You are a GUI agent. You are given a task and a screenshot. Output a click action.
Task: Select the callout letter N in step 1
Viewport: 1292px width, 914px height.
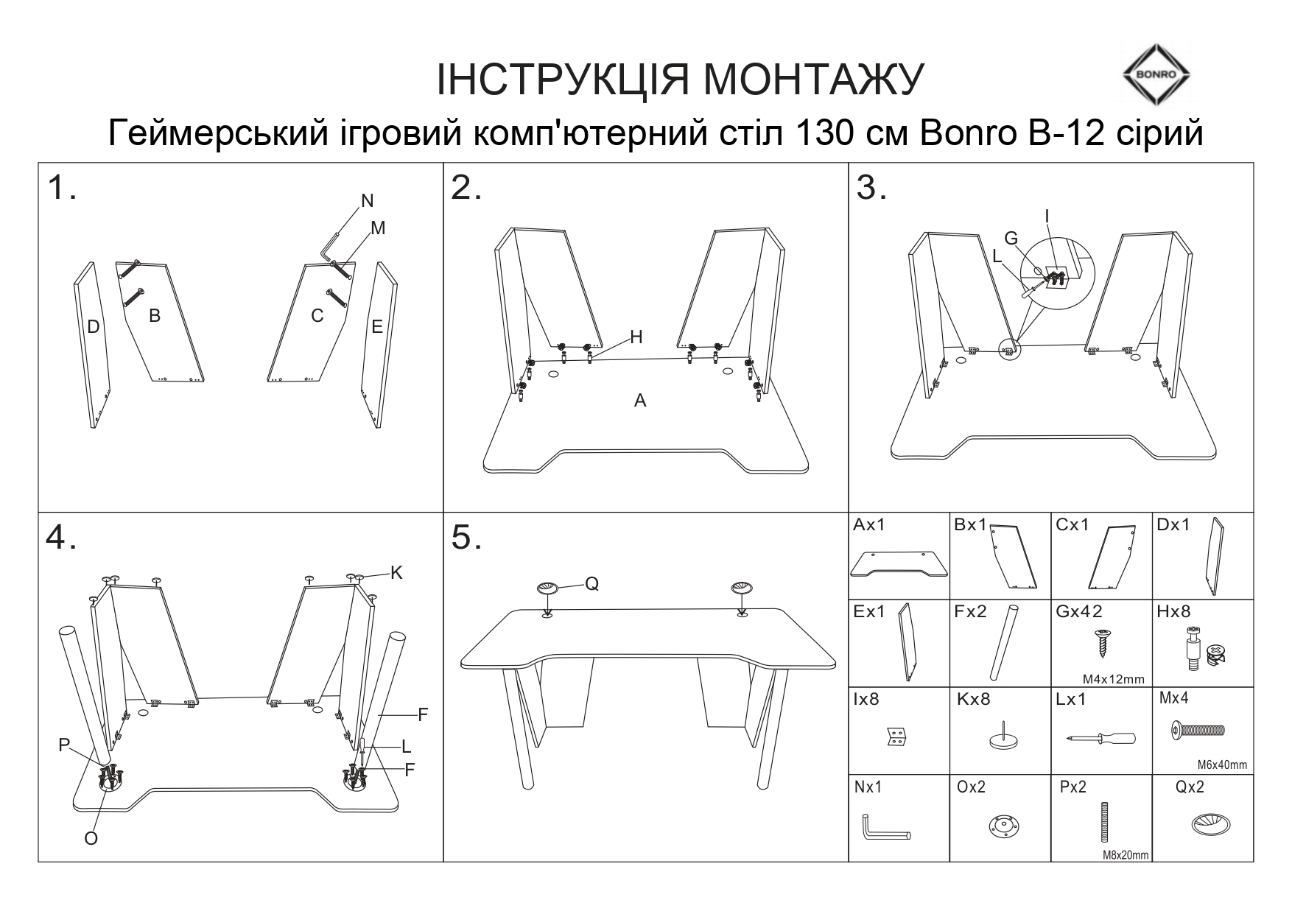click(368, 200)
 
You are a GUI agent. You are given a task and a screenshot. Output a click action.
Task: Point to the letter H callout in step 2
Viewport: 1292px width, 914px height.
click(636, 337)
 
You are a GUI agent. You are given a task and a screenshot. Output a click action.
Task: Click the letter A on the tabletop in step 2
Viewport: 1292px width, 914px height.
click(640, 401)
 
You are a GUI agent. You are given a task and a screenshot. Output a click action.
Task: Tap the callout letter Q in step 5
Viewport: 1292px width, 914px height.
click(591, 584)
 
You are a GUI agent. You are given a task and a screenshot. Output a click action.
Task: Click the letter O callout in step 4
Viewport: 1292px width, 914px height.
click(91, 839)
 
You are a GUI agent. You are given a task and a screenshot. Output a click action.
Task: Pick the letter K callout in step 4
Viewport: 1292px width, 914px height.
click(396, 572)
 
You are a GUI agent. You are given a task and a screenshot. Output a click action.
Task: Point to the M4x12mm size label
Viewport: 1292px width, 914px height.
click(1113, 679)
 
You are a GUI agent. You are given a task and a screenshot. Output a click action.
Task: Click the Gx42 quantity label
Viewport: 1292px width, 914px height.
click(1079, 611)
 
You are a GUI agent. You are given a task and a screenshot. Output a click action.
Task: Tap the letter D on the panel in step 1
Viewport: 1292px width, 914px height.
click(93, 327)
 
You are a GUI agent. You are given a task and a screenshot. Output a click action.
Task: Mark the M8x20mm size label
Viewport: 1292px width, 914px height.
click(1126, 855)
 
